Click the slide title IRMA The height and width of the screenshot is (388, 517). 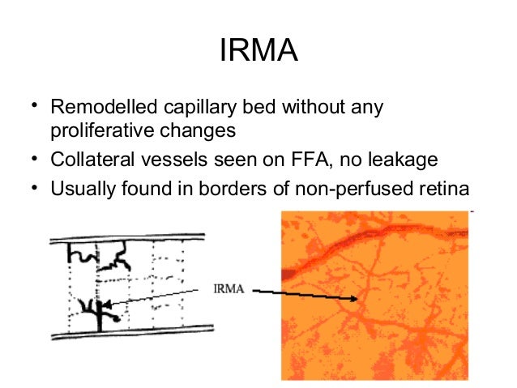[x=258, y=53]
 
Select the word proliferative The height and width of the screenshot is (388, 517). [x=100, y=130]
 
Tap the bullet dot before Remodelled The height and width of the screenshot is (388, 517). [x=34, y=107]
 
